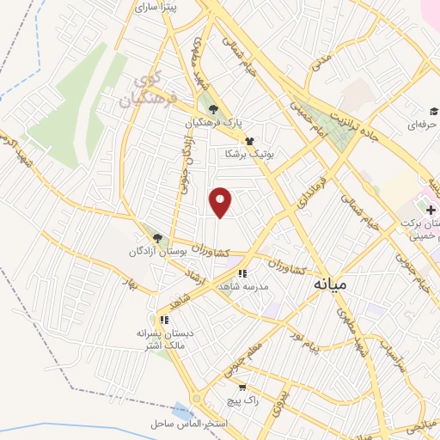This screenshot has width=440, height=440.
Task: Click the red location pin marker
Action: [221, 202]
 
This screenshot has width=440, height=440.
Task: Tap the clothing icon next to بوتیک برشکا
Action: [249, 140]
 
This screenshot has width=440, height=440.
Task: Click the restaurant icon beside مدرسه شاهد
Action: [243, 273]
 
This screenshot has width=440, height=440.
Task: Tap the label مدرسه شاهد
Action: [243, 287]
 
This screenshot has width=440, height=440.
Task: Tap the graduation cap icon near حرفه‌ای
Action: [433, 111]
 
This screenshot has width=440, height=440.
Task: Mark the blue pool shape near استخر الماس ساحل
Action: [182, 411]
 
